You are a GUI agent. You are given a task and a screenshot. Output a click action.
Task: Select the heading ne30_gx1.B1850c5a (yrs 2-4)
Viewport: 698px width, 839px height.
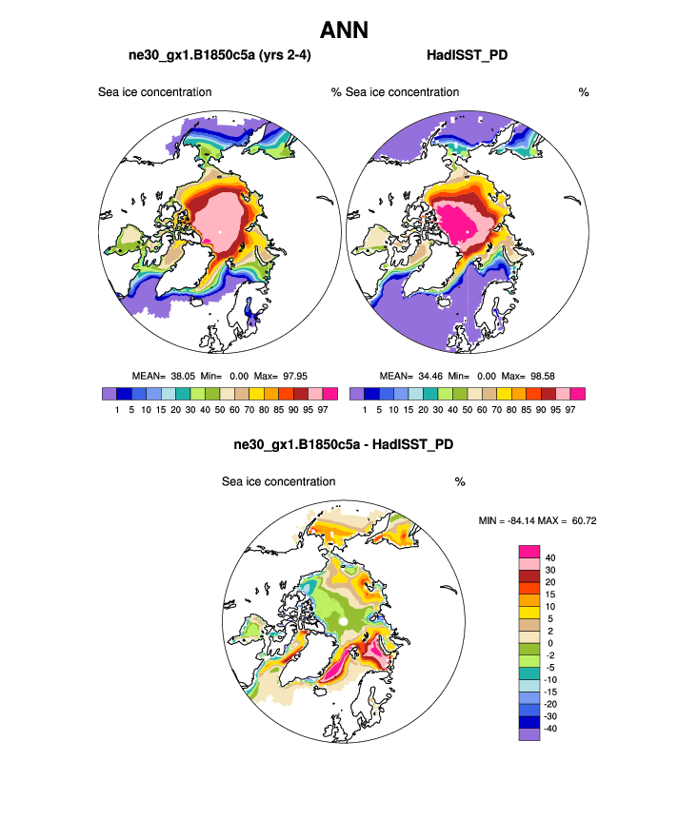(219, 56)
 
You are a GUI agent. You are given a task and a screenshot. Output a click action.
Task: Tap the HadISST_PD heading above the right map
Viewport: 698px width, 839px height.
(467, 56)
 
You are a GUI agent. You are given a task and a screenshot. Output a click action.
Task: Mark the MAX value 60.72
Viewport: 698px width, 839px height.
(580, 520)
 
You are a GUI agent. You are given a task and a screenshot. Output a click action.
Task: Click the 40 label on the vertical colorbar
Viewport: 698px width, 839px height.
(551, 557)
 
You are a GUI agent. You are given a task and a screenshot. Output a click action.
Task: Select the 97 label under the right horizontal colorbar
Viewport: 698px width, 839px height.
(570, 409)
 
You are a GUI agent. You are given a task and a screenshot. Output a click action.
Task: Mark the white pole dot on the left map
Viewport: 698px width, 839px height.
(219, 231)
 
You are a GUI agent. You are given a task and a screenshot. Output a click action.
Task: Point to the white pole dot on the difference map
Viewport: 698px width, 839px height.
(343, 621)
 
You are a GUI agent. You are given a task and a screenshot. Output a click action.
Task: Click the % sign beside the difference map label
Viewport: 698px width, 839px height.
(460, 482)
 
